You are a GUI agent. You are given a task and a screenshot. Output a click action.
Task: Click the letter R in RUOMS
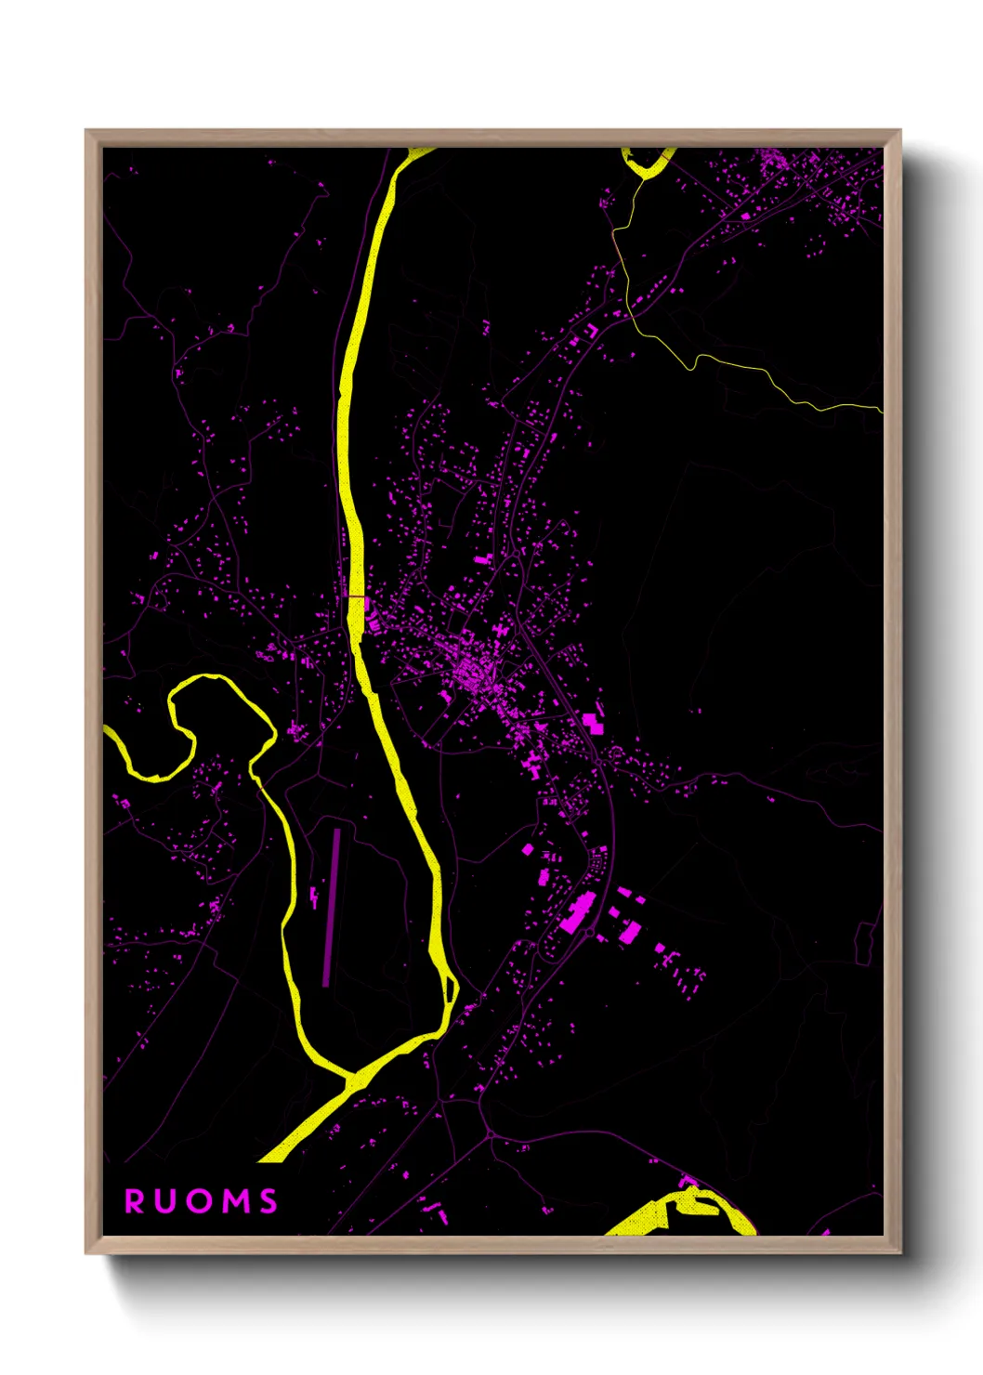click(x=135, y=1201)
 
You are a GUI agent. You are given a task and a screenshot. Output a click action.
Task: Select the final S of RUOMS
click(x=269, y=1201)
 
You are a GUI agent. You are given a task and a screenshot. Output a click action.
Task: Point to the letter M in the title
click(x=235, y=1201)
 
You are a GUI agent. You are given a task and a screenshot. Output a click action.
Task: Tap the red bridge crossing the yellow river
click(x=356, y=596)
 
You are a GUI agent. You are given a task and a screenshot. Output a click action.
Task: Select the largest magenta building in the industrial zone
click(x=577, y=912)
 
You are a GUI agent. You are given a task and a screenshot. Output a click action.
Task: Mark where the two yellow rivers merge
click(x=352, y=1080)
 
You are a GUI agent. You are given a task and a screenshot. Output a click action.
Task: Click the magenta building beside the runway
click(x=314, y=897)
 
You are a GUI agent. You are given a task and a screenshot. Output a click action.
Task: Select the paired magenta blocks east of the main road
click(x=593, y=722)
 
